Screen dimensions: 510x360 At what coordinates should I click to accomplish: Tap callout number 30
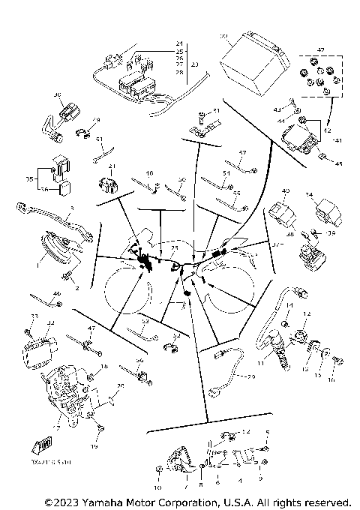tap(223, 36)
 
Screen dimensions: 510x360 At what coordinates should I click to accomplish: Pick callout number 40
tap(285, 193)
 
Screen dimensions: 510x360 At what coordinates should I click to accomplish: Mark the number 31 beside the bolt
tap(216, 111)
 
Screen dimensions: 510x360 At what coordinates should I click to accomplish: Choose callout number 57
tap(242, 153)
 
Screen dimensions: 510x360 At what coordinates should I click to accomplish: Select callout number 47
tap(91, 328)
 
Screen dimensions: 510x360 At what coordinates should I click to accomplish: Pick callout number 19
tap(94, 445)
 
